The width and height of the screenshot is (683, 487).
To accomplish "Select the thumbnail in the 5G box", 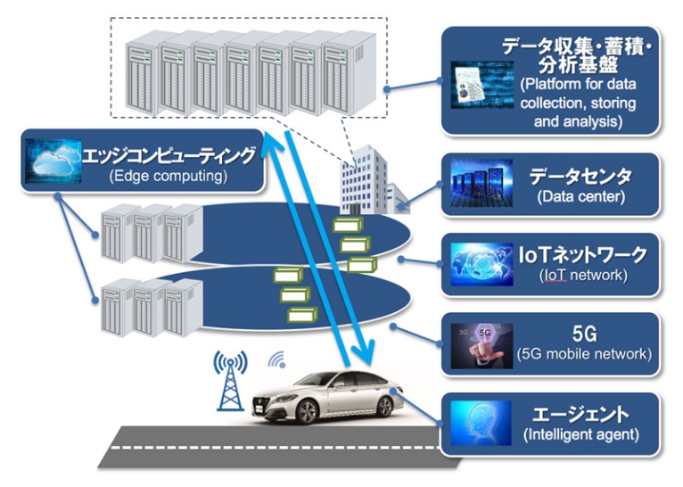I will [481, 345].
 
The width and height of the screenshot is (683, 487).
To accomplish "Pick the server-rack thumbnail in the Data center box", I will [481, 186].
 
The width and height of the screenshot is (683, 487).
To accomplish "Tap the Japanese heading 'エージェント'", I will [580, 414].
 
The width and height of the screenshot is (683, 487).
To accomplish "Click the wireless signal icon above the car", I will [277, 361].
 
